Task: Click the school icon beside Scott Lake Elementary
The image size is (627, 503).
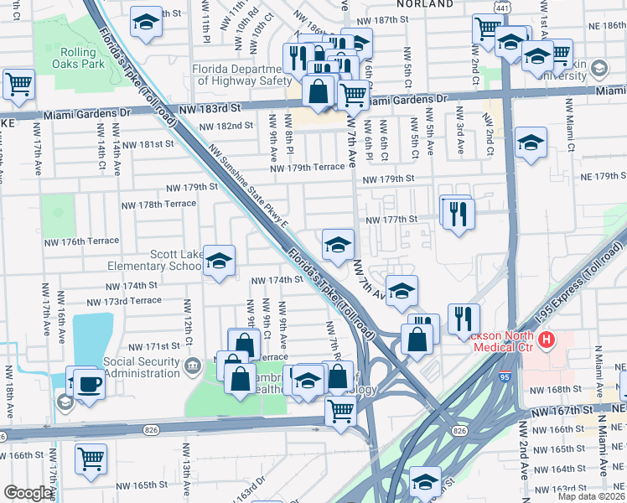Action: [219, 262]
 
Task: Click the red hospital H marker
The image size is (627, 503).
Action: [547, 340]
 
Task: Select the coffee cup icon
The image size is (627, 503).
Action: [89, 385]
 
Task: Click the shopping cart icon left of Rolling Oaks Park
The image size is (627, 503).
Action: [18, 84]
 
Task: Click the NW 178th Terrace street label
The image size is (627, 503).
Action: [158, 205]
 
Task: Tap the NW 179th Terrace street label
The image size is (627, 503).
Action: [307, 168]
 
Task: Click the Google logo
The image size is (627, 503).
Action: [28, 493]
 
